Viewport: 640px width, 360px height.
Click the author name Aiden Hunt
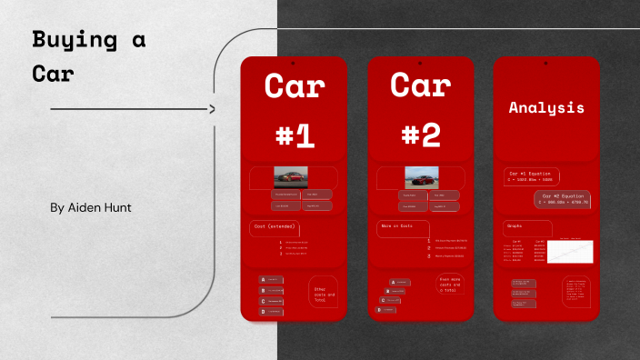(91, 208)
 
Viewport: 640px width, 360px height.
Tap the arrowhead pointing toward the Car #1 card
(212, 109)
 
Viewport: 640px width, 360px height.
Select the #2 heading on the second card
(420, 135)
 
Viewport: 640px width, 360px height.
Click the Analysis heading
(545, 107)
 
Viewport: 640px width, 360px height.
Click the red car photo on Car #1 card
(291, 177)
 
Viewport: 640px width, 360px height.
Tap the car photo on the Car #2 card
(421, 177)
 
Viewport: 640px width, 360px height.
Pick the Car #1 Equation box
(531, 175)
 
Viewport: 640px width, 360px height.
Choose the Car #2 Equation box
(563, 199)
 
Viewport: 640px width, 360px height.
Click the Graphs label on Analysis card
(515, 225)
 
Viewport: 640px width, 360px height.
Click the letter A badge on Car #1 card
(263, 279)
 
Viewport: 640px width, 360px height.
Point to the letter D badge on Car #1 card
(263, 312)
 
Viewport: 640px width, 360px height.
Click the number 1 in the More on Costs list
(428, 241)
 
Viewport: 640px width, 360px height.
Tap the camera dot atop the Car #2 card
(420, 64)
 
